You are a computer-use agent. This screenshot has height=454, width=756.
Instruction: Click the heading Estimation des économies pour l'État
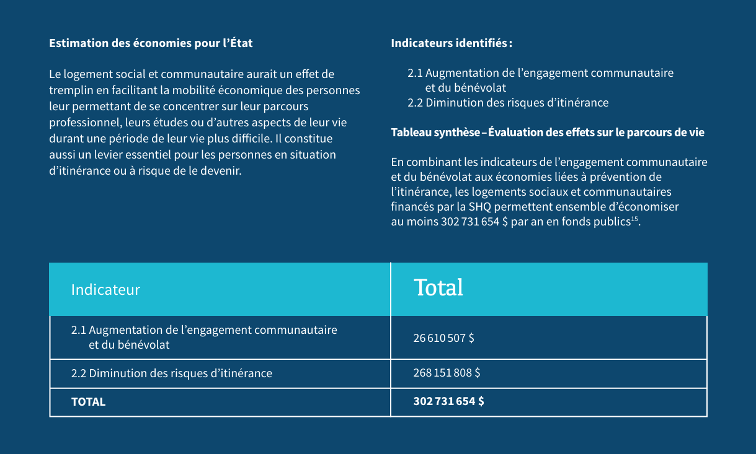151,43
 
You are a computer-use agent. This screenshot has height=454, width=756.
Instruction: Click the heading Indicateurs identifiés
450,43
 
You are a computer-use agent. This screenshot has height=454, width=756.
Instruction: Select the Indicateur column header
105,289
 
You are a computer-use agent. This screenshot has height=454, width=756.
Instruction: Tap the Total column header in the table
438,287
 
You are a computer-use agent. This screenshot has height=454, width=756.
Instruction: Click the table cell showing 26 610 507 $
443,338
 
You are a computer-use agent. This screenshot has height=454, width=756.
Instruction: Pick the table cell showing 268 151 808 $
447,373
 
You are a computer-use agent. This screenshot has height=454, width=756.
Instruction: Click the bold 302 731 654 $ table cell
448,401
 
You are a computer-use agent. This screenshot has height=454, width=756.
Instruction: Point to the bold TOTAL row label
88,401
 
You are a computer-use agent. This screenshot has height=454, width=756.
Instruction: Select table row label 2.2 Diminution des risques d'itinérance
172,373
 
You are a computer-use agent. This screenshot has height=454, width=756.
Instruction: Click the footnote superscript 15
634,219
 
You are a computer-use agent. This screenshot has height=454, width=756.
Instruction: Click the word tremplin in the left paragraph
69,90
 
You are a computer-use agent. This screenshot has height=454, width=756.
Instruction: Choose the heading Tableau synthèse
435,133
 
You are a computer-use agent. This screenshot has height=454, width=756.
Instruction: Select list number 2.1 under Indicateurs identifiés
415,73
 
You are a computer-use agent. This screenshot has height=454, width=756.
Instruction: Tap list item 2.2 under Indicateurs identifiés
508,103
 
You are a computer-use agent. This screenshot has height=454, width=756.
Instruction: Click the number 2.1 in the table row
79,330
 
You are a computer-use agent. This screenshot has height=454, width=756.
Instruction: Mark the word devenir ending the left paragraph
220,170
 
